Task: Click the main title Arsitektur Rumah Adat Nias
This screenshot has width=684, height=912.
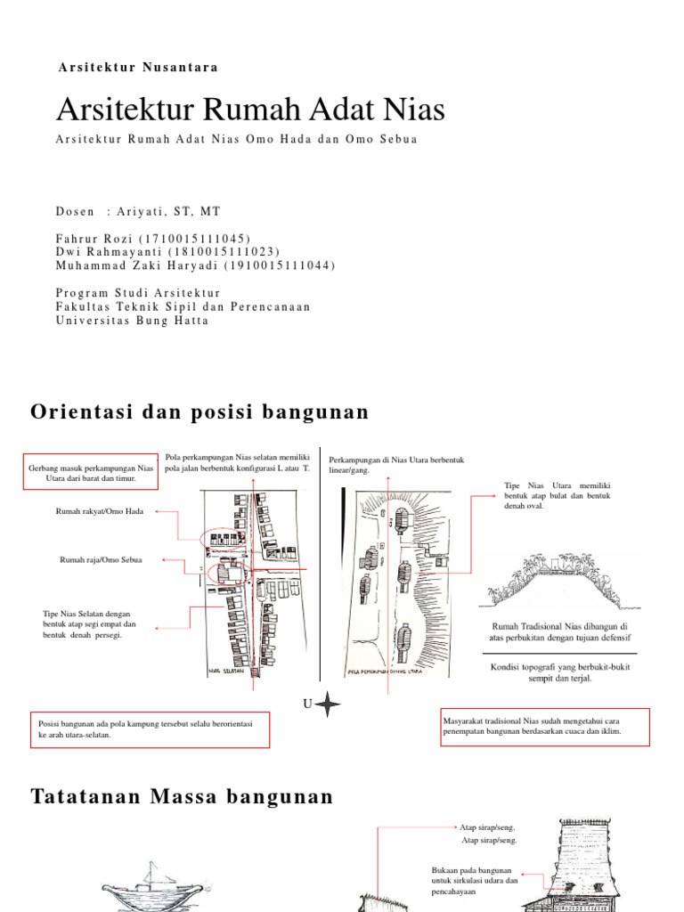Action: tap(250, 110)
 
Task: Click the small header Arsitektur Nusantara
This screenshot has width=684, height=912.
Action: tap(138, 67)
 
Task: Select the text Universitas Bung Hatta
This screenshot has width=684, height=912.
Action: tap(132, 321)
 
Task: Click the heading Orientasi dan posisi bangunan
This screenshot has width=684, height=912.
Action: tap(199, 411)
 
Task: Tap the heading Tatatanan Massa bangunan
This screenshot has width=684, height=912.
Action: tap(182, 796)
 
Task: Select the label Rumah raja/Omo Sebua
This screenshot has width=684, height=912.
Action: tap(101, 559)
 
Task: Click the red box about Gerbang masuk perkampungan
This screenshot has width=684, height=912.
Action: tap(92, 471)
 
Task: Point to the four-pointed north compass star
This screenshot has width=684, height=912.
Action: tap(328, 704)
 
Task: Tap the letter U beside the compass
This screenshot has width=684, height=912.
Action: tap(306, 704)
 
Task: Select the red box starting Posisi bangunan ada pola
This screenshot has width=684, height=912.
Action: tap(150, 729)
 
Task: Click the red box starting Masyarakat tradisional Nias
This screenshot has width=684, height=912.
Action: tap(545, 725)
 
